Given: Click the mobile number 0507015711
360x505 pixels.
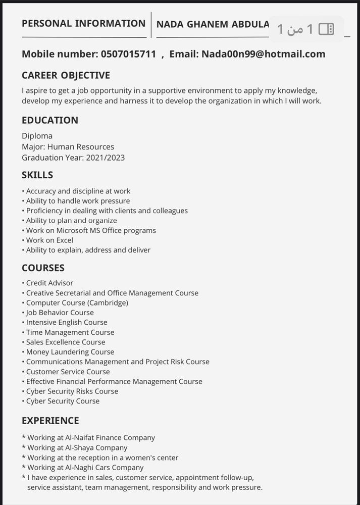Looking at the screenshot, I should [x=128, y=54].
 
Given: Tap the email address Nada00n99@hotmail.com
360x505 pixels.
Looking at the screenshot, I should [x=263, y=54].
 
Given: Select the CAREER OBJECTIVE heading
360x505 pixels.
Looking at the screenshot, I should [x=66, y=75].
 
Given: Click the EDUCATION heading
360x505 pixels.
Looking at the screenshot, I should [x=50, y=120].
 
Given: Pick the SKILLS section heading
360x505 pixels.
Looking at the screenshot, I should [x=37, y=175].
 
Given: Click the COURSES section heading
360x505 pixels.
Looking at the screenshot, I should [x=43, y=268].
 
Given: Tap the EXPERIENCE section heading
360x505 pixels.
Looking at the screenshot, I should [x=50, y=421].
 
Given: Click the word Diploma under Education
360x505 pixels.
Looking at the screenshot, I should [x=37, y=136].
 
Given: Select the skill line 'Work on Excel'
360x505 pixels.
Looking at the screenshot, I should [x=49, y=240].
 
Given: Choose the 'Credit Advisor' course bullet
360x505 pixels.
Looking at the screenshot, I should [x=49, y=283].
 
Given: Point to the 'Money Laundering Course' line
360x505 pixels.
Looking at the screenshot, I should [x=70, y=352].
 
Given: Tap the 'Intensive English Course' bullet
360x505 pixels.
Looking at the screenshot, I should [x=67, y=322].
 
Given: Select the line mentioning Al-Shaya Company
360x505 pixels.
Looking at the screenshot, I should [x=77, y=448].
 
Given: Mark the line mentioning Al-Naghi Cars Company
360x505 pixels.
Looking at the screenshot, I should [x=85, y=468].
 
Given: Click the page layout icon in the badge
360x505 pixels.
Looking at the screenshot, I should [x=327, y=29].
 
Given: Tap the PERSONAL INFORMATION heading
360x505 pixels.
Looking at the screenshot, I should [x=83, y=23].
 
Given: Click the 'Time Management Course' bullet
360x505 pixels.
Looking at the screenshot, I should [x=70, y=332].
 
